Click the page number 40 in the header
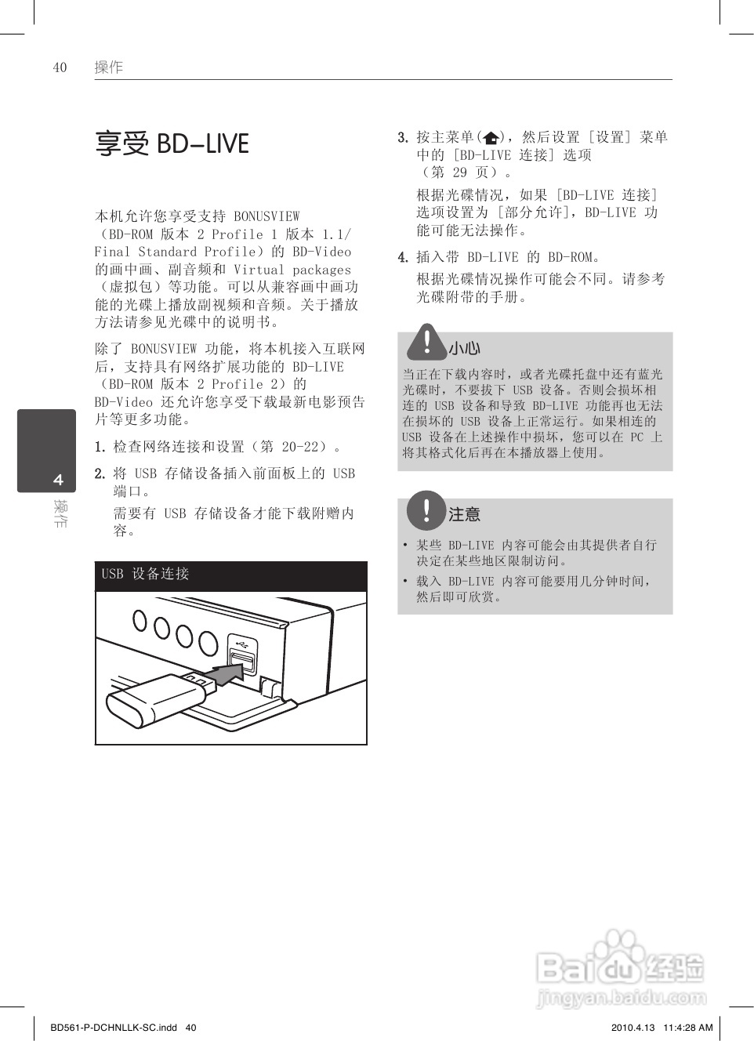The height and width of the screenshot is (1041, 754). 60,67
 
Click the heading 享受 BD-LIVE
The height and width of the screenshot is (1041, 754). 172,144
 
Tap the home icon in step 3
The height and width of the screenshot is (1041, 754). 491,138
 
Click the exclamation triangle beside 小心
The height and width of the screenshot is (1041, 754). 426,342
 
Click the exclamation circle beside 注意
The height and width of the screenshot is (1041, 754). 426,510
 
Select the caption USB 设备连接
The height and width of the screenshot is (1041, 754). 146,574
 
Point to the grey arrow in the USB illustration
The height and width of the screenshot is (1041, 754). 228,671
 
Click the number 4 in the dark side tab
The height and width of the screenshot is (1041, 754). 58,480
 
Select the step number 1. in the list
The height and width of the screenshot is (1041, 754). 100,447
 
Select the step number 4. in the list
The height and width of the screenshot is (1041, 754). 403,257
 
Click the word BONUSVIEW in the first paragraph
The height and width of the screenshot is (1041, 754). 266,216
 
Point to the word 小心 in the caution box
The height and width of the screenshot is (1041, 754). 464,348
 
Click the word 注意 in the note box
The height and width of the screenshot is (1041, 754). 464,514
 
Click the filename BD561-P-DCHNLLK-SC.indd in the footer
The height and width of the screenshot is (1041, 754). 114,1027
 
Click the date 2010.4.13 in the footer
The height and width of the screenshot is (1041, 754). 632,1027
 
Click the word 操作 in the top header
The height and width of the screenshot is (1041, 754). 108,67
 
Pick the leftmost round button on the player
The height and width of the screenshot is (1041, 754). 140,621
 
